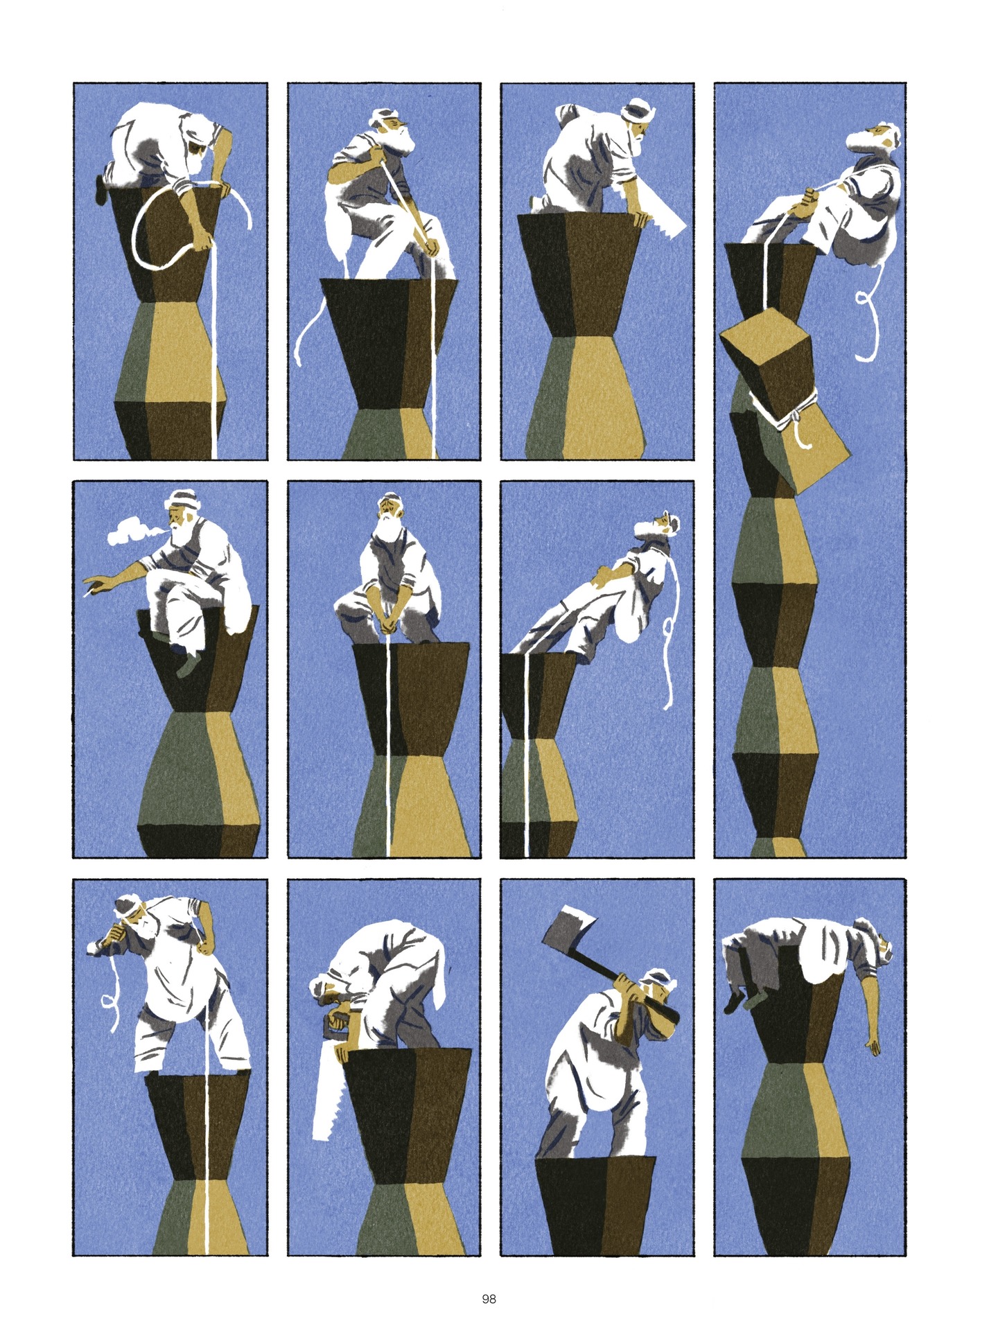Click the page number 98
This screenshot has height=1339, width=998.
(489, 1279)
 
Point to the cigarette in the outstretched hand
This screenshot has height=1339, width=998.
(88, 594)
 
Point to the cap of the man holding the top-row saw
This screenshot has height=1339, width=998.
(636, 110)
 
